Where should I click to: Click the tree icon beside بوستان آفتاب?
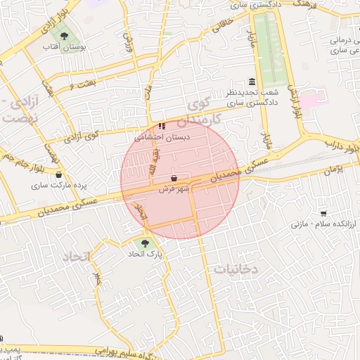tap(65, 34)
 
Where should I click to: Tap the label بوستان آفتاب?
tap(64, 47)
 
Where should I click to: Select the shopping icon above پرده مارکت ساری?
tap(58, 174)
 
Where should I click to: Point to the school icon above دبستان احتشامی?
tap(162, 126)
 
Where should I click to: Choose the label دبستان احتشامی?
tap(163, 137)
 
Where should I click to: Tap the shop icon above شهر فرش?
tap(174, 179)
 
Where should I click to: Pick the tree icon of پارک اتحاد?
tap(145, 243)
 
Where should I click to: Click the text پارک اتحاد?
tap(145, 255)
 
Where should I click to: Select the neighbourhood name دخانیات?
tap(236, 269)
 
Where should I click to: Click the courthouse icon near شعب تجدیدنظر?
tap(252, 82)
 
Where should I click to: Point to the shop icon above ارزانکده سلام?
tap(323, 213)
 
